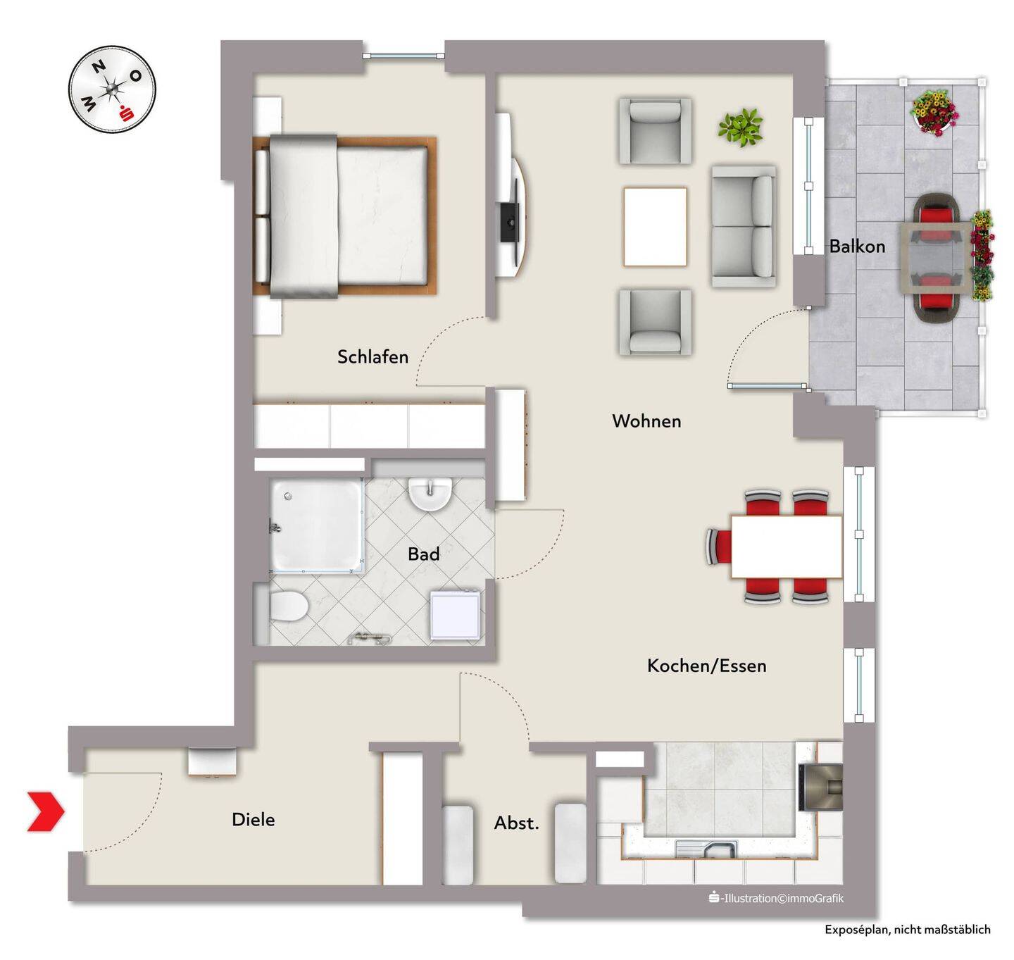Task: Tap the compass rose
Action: (112, 89)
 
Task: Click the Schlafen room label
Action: (373, 357)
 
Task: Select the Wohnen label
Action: (646, 421)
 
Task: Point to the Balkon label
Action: (857, 247)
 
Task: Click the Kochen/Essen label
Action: (706, 666)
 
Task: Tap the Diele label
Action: (254, 819)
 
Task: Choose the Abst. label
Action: (516, 823)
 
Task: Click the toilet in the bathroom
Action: (287, 606)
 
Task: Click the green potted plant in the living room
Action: (741, 127)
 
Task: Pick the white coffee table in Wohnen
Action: (655, 227)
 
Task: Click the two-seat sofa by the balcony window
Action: (743, 227)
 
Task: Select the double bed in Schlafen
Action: (344, 216)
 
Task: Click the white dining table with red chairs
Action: (786, 547)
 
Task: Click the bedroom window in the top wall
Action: (404, 55)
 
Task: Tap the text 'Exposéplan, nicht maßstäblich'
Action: (907, 930)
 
